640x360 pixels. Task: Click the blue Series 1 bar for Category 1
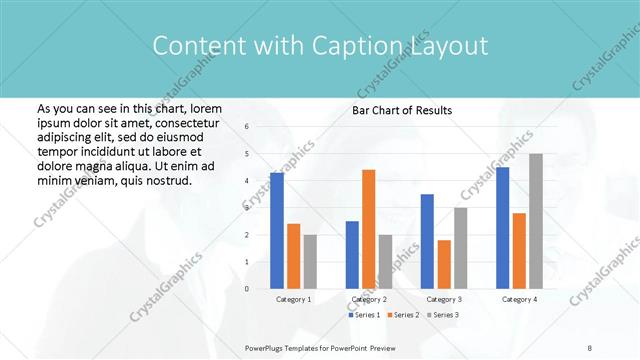(277, 231)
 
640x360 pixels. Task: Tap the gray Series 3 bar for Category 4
(536, 221)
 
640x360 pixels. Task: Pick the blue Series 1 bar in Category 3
(427, 241)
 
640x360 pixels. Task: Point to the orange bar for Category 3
(444, 264)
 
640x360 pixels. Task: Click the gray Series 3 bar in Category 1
(310, 262)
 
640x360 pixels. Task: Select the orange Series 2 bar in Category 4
(519, 251)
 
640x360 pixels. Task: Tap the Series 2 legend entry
(404, 315)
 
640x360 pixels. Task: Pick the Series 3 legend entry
(443, 315)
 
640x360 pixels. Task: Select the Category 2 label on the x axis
(369, 299)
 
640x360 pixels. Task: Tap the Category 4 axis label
(519, 299)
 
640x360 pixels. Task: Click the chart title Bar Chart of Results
(402, 110)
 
